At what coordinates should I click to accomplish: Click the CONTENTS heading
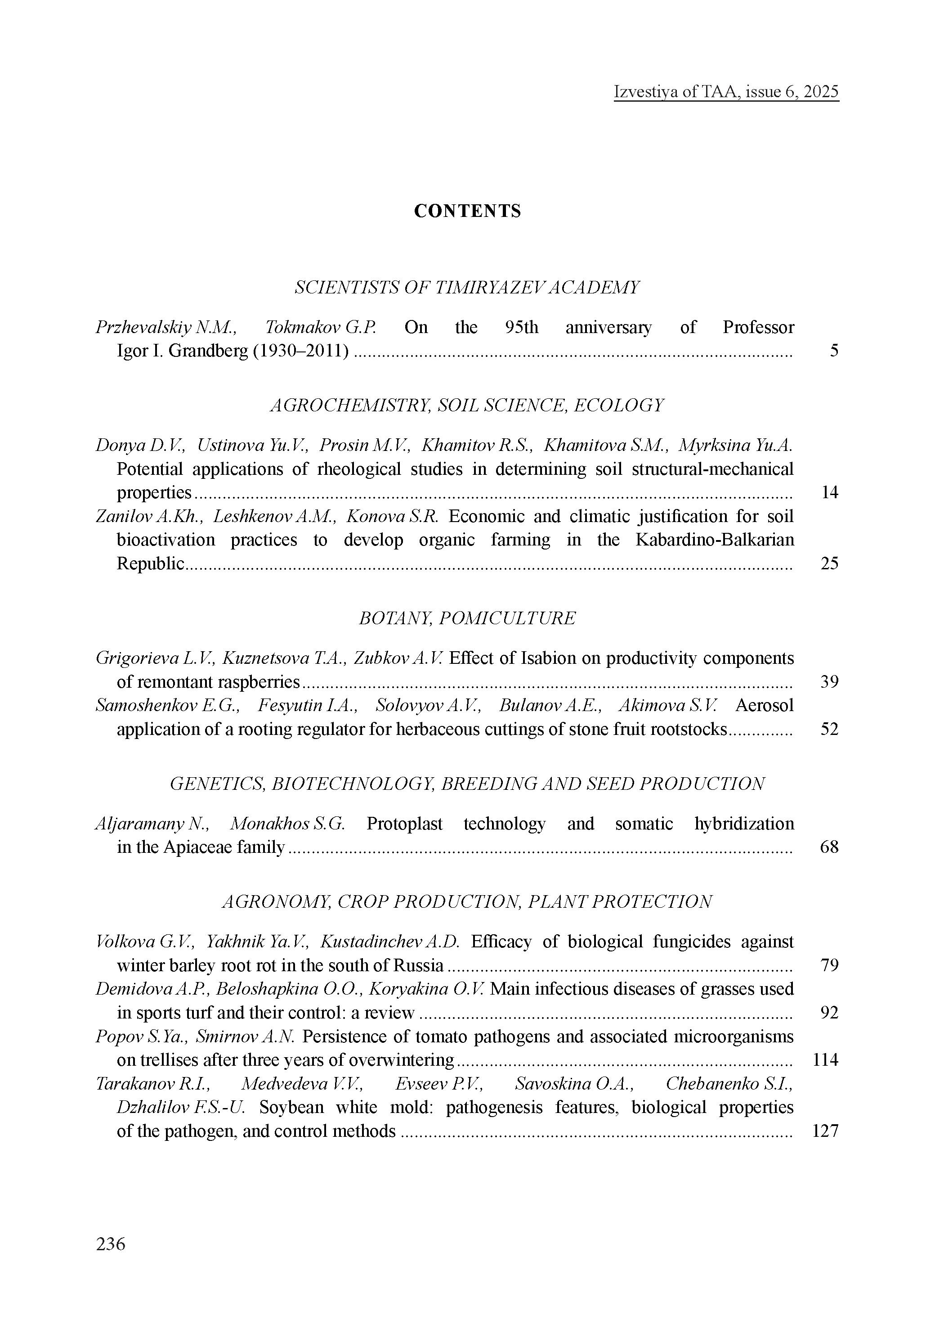point(468,211)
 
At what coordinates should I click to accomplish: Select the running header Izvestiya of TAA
point(726,92)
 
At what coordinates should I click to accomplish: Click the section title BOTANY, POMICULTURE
point(468,618)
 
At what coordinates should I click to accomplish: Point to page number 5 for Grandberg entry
point(834,351)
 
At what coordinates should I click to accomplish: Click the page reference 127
point(825,1131)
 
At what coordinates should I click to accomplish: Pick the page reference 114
point(825,1060)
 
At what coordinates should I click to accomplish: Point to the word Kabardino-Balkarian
point(715,540)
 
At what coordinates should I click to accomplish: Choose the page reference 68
point(829,847)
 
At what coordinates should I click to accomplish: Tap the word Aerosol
point(764,706)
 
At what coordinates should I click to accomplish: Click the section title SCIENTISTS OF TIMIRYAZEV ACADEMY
point(468,288)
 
